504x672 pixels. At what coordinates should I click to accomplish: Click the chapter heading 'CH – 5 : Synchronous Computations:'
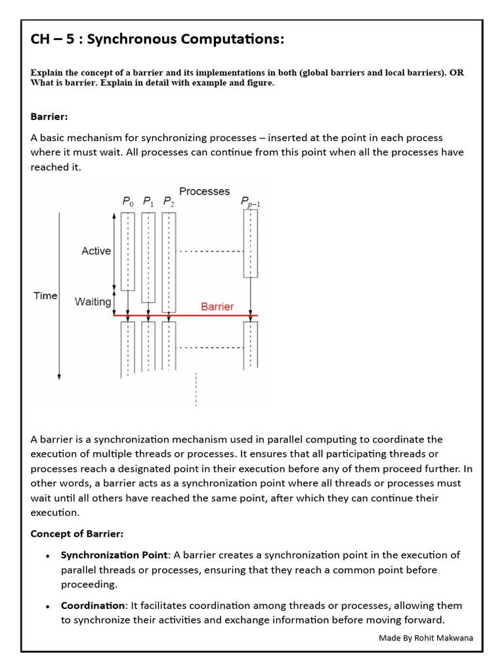click(x=157, y=40)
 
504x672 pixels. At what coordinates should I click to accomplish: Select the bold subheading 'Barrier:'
click(x=49, y=116)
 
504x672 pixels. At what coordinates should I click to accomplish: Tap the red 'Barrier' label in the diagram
click(x=217, y=306)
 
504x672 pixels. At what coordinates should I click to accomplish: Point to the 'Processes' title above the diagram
click(x=204, y=191)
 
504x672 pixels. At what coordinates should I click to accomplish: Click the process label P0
click(x=127, y=202)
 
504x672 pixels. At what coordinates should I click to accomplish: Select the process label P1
click(x=148, y=202)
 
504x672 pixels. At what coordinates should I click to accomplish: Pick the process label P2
click(x=169, y=202)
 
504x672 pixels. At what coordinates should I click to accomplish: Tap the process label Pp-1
click(x=250, y=202)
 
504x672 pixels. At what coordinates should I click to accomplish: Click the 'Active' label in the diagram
click(x=96, y=251)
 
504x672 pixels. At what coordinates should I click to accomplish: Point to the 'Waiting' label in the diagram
click(x=93, y=302)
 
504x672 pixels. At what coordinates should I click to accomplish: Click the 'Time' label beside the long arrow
click(x=45, y=296)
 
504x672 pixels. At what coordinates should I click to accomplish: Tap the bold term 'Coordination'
click(x=93, y=605)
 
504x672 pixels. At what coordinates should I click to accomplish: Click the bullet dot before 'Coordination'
click(x=48, y=606)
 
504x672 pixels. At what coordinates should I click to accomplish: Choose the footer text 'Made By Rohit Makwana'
click(x=425, y=638)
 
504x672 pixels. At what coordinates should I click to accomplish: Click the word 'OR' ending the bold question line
click(x=456, y=72)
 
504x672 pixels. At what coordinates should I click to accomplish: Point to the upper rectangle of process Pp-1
click(x=250, y=243)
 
